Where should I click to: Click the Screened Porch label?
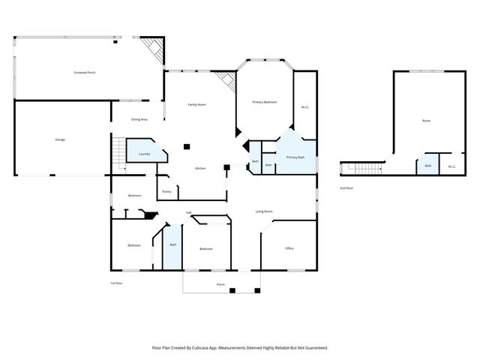(85, 73)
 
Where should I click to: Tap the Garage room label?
(59, 139)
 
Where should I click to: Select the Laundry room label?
(145, 154)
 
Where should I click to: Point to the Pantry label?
(166, 192)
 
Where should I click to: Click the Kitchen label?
(200, 168)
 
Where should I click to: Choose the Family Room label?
(197, 104)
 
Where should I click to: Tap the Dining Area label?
(139, 119)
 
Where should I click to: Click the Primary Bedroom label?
(265, 102)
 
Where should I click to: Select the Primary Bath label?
(295, 157)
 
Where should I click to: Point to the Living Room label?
(263, 212)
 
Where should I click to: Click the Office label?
(289, 248)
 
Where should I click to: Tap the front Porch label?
(220, 285)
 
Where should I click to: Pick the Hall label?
(189, 213)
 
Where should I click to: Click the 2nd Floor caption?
(346, 187)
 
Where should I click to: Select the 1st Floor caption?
(115, 283)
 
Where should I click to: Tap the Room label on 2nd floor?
(426, 121)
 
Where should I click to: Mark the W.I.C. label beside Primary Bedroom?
(305, 107)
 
